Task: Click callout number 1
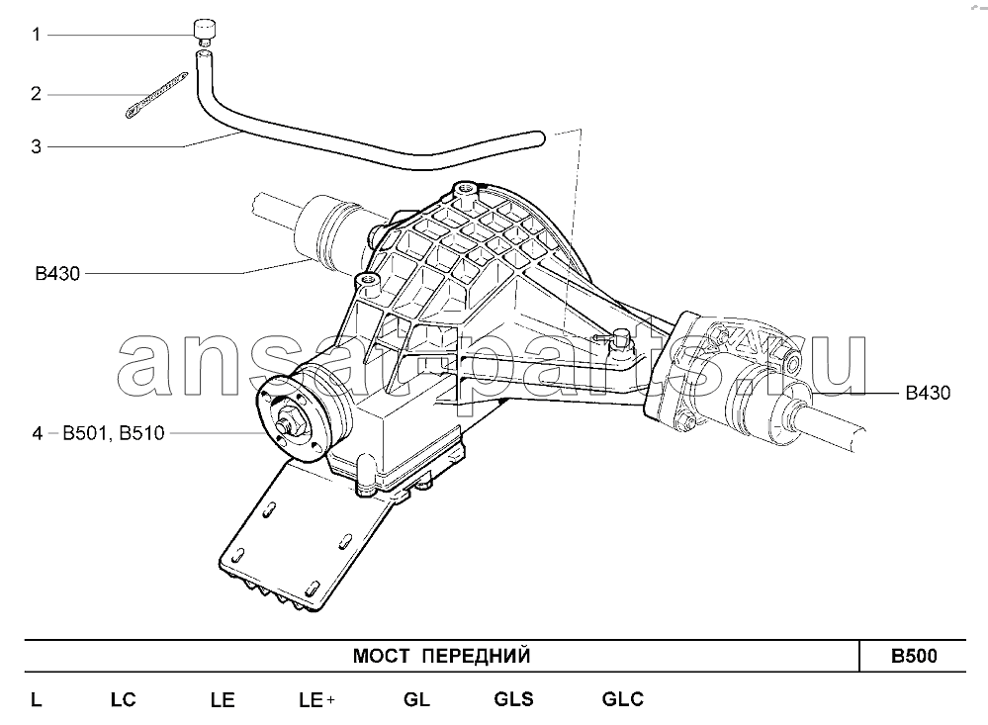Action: (x=37, y=34)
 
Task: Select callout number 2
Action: (x=37, y=94)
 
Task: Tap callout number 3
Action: (x=37, y=147)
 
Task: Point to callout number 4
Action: (x=38, y=433)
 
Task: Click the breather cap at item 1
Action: (x=205, y=32)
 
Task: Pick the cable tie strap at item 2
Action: (x=156, y=95)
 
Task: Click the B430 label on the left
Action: (x=58, y=274)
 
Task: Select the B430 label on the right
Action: (x=928, y=393)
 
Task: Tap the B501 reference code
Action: (x=86, y=433)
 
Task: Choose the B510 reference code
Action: (x=141, y=433)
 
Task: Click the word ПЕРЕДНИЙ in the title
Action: (x=476, y=657)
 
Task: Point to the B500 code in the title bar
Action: (x=914, y=657)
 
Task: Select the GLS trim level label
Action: (x=513, y=699)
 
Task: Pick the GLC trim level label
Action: (x=622, y=699)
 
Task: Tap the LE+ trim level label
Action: (x=316, y=700)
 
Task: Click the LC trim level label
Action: (x=124, y=700)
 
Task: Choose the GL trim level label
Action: (x=416, y=699)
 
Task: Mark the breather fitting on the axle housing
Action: (x=620, y=339)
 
